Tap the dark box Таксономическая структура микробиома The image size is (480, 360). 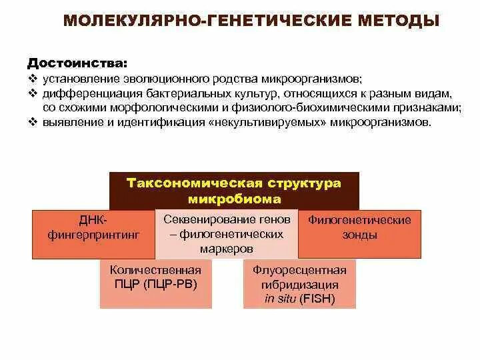pyautogui.click(x=234, y=191)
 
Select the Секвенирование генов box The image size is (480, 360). pyautogui.click(x=227, y=234)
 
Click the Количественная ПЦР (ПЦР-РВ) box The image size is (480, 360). pyautogui.click(x=155, y=284)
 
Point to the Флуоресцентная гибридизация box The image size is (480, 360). pyautogui.click(x=299, y=284)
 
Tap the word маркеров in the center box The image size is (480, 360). pyautogui.click(x=227, y=248)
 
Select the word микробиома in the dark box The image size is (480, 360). pyautogui.click(x=234, y=199)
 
